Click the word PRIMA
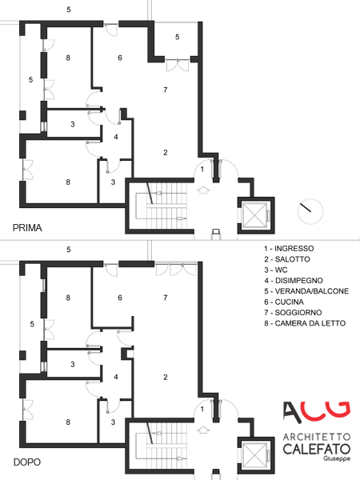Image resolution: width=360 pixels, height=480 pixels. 27,228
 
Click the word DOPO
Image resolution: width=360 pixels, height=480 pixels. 27,462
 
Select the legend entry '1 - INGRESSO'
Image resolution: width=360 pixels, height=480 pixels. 289,248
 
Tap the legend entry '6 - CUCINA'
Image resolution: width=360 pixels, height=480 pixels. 284,302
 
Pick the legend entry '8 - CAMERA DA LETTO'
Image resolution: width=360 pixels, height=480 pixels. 305,323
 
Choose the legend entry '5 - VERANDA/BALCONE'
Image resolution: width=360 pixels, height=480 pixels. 306,291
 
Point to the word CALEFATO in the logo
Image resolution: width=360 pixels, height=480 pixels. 317,449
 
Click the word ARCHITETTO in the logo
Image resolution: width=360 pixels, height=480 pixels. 317,437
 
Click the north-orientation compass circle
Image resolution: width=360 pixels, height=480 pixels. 310,211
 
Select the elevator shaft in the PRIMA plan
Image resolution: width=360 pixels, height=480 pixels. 256,215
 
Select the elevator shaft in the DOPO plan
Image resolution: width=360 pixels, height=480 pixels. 256,455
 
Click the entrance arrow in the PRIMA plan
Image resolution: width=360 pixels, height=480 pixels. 202,190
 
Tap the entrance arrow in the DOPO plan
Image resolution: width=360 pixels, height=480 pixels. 202,430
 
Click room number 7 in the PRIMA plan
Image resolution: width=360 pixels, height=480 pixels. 166,90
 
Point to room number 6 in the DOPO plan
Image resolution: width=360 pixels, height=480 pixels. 120,298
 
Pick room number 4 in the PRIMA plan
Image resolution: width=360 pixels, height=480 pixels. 116,137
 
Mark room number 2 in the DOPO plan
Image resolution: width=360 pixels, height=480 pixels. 166,377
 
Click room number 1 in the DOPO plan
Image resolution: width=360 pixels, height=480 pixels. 202,409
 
